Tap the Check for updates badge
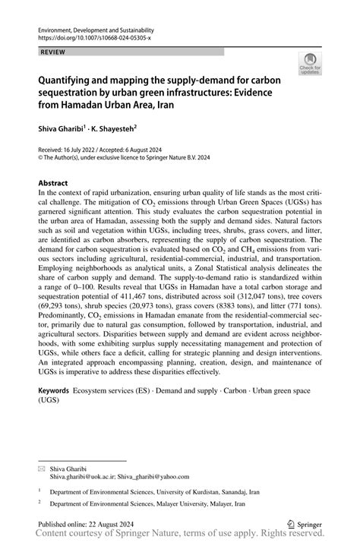tap(310, 64)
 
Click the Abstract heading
tap(53, 183)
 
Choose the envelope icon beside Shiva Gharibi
tap(42, 468)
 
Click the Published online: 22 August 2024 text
tap(87, 523)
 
